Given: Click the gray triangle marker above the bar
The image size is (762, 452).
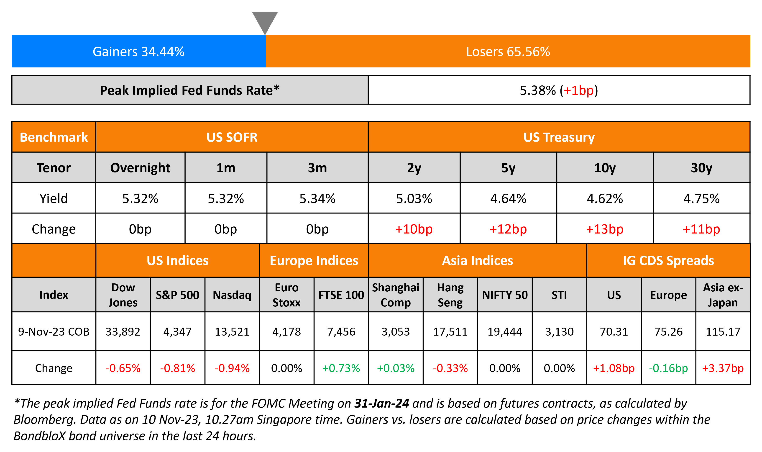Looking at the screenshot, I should (x=265, y=21).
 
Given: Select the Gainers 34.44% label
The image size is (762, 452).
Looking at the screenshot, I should (x=138, y=51).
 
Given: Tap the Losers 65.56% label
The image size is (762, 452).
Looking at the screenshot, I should (x=508, y=51).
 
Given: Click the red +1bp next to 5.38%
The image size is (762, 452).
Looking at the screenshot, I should (x=578, y=90).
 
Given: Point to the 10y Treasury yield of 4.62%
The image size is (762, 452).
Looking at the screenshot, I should (x=605, y=199).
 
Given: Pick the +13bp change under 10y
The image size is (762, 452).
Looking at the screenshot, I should (x=605, y=229).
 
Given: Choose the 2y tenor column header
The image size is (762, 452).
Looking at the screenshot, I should (x=414, y=168).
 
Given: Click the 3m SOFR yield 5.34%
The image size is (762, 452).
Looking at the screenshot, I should (x=317, y=199).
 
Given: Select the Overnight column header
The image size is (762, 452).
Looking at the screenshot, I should (x=140, y=168).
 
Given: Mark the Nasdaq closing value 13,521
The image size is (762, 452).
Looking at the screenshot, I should (x=232, y=331).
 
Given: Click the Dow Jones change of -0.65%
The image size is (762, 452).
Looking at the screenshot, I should (x=123, y=368).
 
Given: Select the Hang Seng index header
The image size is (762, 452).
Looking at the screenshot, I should (x=450, y=295).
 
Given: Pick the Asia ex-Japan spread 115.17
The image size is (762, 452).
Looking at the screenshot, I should (x=723, y=331).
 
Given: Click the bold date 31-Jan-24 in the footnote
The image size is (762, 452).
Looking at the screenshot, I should (x=381, y=403).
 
